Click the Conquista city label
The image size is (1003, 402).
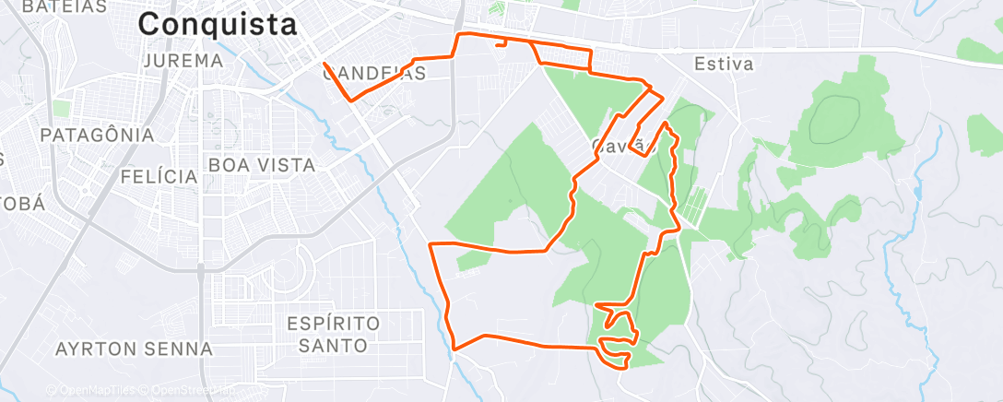click(218, 25)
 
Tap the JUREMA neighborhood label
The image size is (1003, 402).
click(184, 61)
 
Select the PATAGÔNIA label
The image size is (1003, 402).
click(97, 135)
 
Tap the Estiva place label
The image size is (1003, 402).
click(724, 65)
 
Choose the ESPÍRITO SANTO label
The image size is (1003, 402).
click(334, 335)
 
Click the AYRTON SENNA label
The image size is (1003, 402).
click(134, 349)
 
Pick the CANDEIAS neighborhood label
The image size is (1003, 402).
click(373, 74)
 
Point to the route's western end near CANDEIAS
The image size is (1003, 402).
click(324, 64)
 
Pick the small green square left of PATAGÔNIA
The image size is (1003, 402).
click(61, 109)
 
